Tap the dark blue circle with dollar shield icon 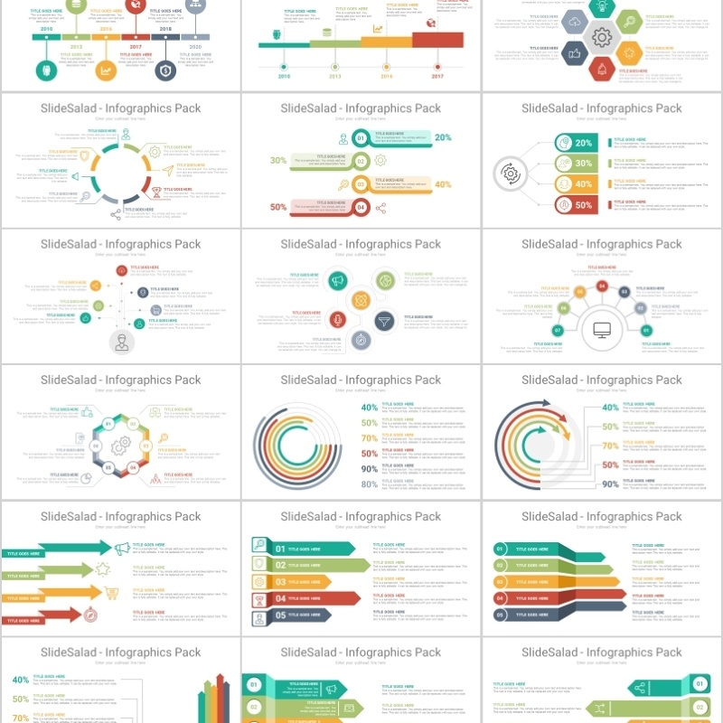pyautogui.click(x=165, y=70)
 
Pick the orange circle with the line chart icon pyautogui.click(x=106, y=70)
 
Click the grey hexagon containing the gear pyautogui.click(x=601, y=37)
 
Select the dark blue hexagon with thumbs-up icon pyautogui.click(x=575, y=53)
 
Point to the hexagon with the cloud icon pyautogui.click(x=575, y=23)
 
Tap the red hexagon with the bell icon pyautogui.click(x=601, y=68)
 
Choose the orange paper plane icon pyautogui.click(x=167, y=170)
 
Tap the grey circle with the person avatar pyautogui.click(x=120, y=343)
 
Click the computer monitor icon pyautogui.click(x=601, y=330)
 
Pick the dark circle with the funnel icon pyautogui.click(x=384, y=320)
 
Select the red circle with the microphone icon pyautogui.click(x=337, y=320)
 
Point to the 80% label pyautogui.click(x=369, y=484)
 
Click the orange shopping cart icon pyautogui.click(x=112, y=593)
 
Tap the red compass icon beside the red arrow pyautogui.click(x=90, y=615)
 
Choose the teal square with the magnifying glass pyautogui.click(x=259, y=545)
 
